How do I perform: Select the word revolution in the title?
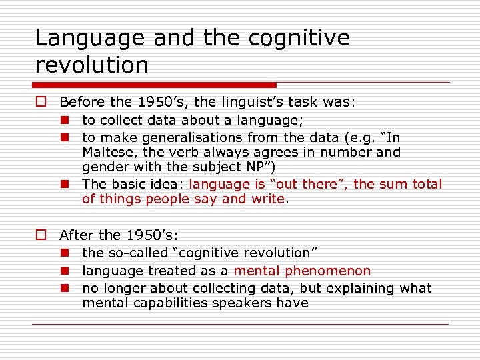coord(91,65)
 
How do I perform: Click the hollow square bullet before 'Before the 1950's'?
coord(41,103)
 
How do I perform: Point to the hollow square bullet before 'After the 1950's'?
coord(41,235)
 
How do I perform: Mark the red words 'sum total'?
coord(411,184)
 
